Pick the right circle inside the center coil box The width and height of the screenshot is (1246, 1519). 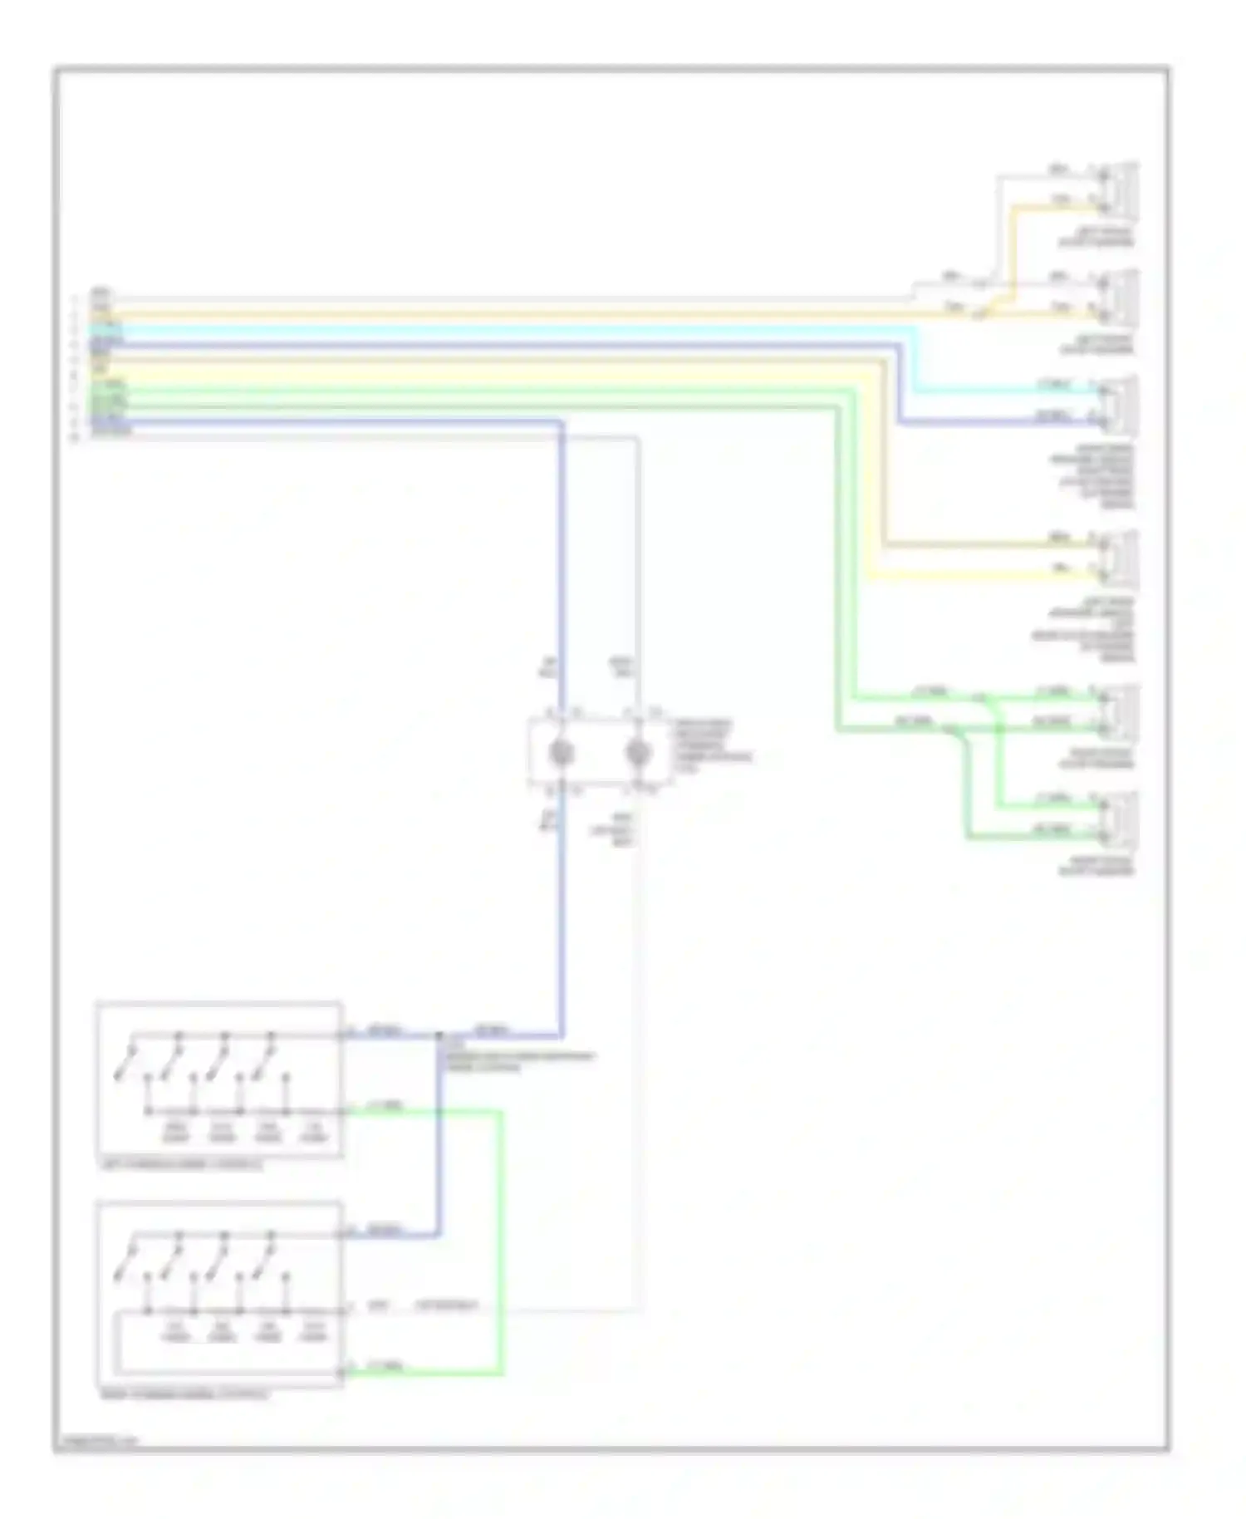[x=638, y=753]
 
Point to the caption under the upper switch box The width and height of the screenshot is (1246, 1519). [x=179, y=1166]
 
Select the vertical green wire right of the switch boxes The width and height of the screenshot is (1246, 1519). [x=501, y=1238]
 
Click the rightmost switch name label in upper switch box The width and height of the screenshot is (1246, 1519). [x=314, y=1135]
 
